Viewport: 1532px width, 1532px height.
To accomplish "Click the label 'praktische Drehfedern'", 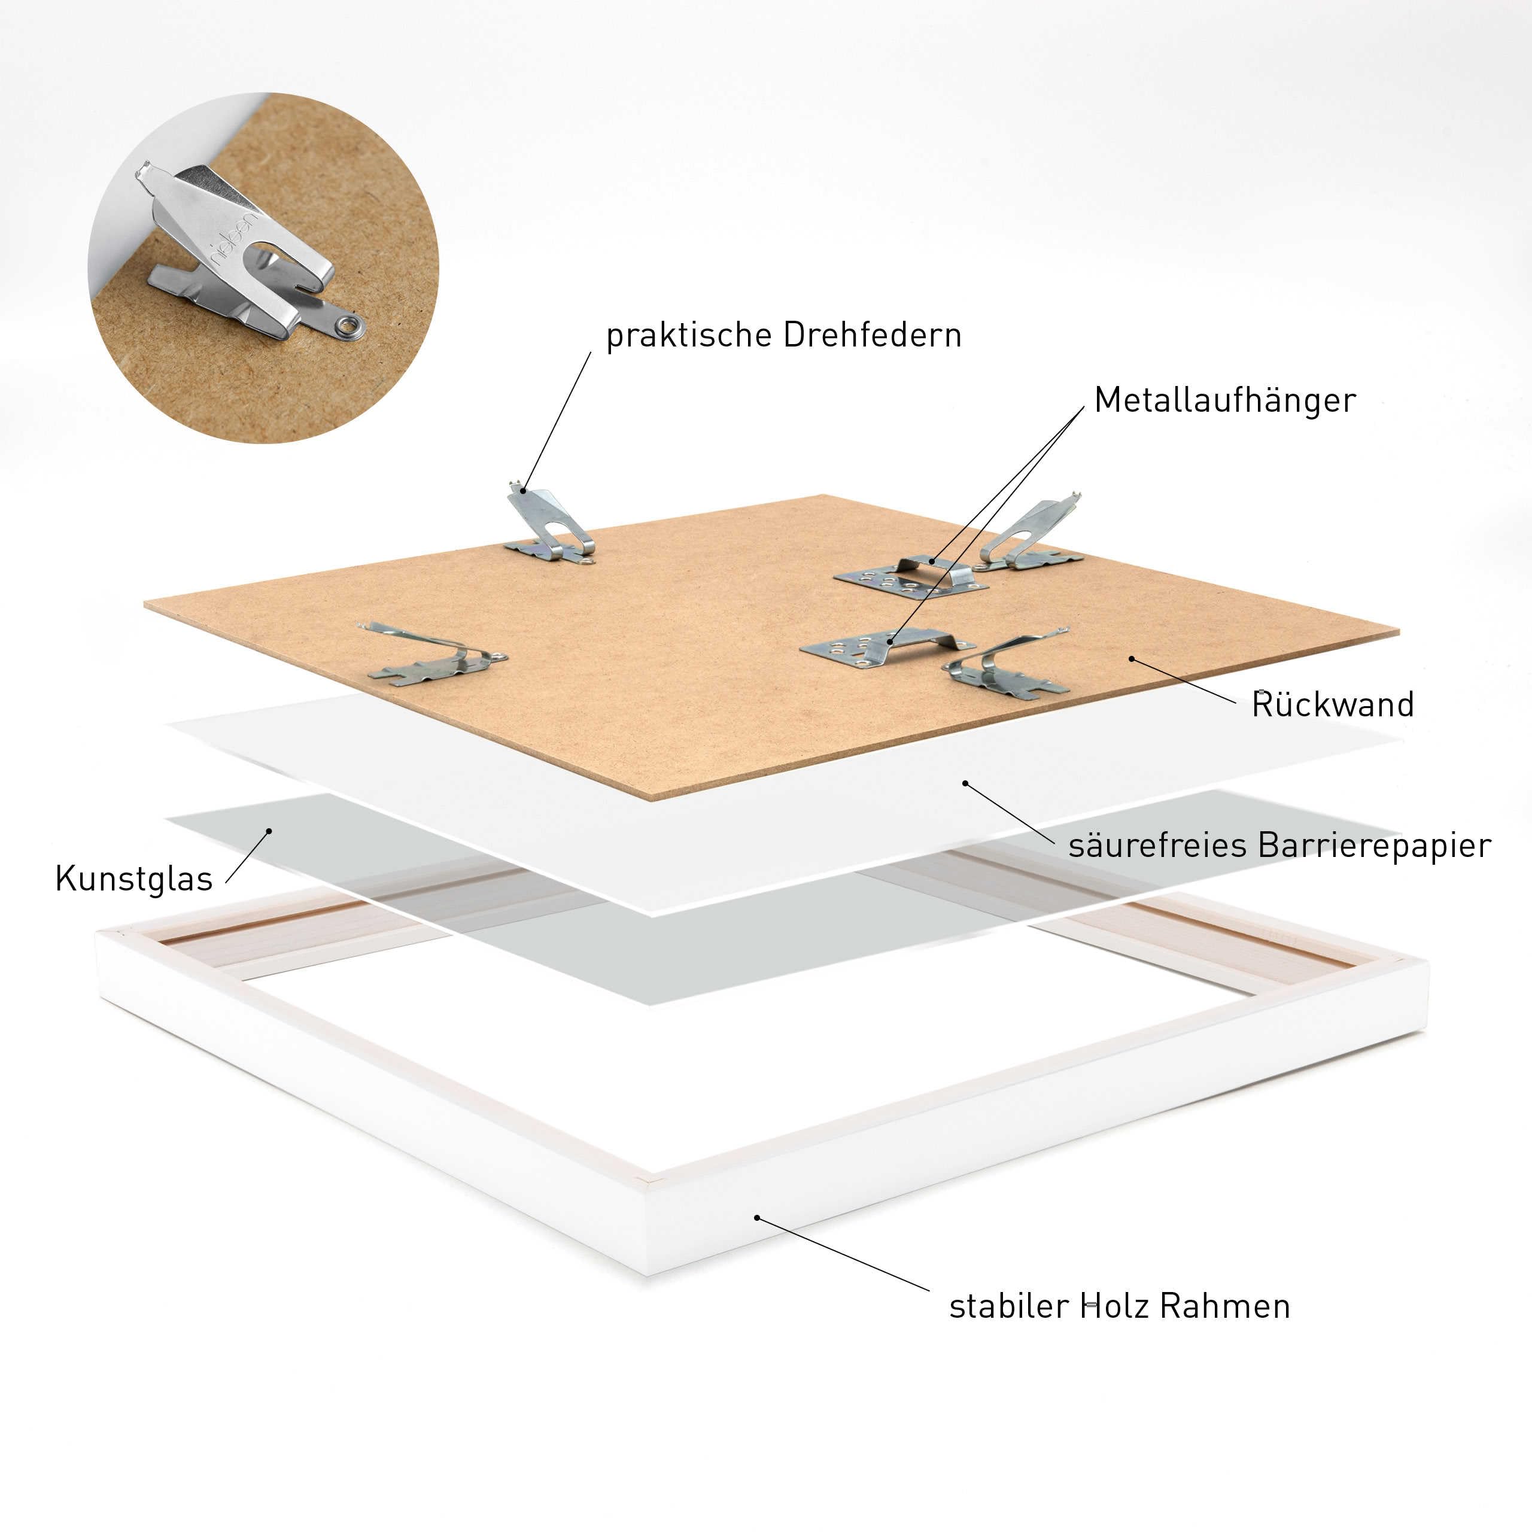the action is pos(783,335).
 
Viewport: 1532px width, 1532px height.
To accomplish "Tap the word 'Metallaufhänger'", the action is pos(1224,400).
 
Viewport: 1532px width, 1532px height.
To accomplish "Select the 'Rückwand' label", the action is pos(1332,704).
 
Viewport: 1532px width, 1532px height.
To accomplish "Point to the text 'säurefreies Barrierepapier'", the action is pos(1279,846).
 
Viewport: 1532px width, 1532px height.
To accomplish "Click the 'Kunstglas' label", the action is pos(134,879).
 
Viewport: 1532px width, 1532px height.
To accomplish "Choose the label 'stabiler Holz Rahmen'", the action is pos(1120,1306).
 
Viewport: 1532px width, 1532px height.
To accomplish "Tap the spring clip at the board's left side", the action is pos(432,654).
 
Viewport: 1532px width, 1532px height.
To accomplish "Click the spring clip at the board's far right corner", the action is pos(1031,535).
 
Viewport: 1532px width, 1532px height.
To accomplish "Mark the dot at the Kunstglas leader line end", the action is pos(269,831).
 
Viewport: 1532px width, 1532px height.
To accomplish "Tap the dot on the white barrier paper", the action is pos(965,783).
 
